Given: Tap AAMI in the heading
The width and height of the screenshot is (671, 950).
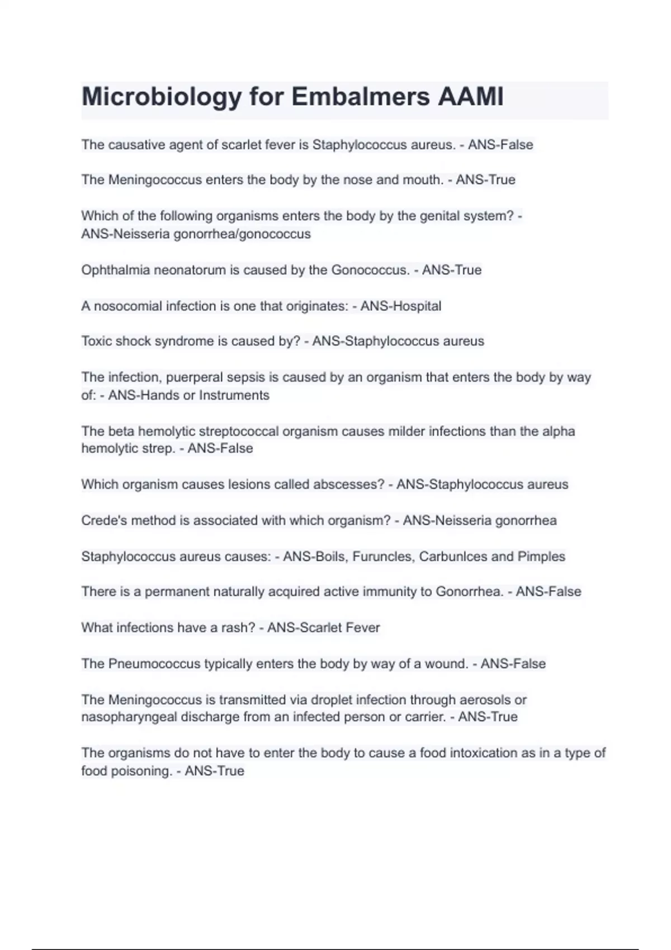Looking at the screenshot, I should (471, 97).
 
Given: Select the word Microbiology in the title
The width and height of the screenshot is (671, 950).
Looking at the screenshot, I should (162, 97).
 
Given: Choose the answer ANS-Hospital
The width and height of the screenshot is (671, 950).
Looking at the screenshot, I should (401, 306).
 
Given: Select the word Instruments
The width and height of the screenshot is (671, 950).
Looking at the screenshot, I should (234, 395).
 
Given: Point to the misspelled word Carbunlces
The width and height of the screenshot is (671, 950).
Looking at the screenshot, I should (453, 557).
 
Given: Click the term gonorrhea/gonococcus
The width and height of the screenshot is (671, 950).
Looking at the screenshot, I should (242, 234).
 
